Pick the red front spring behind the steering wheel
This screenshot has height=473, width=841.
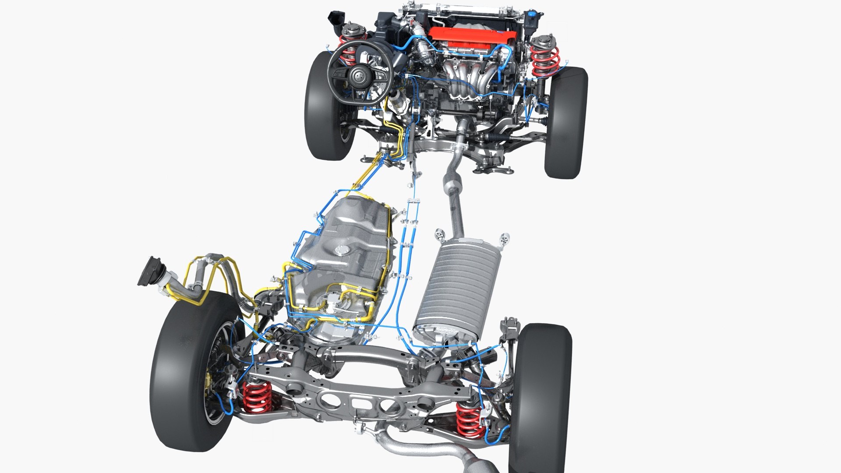coord(349,53)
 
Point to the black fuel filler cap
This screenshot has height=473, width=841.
coord(149,272)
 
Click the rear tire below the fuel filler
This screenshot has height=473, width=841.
coord(184,372)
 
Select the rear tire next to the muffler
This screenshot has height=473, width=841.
coord(541,394)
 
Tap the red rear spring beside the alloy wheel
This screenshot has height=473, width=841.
coord(256,396)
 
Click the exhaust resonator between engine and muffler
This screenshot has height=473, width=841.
coord(451,184)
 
